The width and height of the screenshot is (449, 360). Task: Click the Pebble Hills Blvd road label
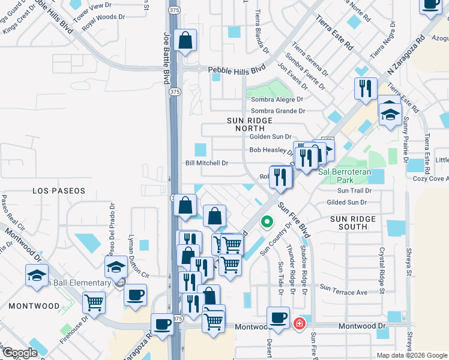(237, 70)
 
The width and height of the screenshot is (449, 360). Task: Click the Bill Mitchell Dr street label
(207, 163)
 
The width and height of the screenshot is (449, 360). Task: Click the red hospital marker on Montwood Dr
(299, 324)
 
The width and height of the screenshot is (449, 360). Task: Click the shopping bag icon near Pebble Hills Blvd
(185, 42)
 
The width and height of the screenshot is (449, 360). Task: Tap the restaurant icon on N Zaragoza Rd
(365, 89)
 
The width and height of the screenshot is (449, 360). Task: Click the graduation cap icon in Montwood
(37, 277)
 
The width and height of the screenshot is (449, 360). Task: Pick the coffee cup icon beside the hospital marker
(278, 317)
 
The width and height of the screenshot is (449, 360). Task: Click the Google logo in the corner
(19, 353)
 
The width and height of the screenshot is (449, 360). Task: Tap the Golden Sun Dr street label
(270, 137)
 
